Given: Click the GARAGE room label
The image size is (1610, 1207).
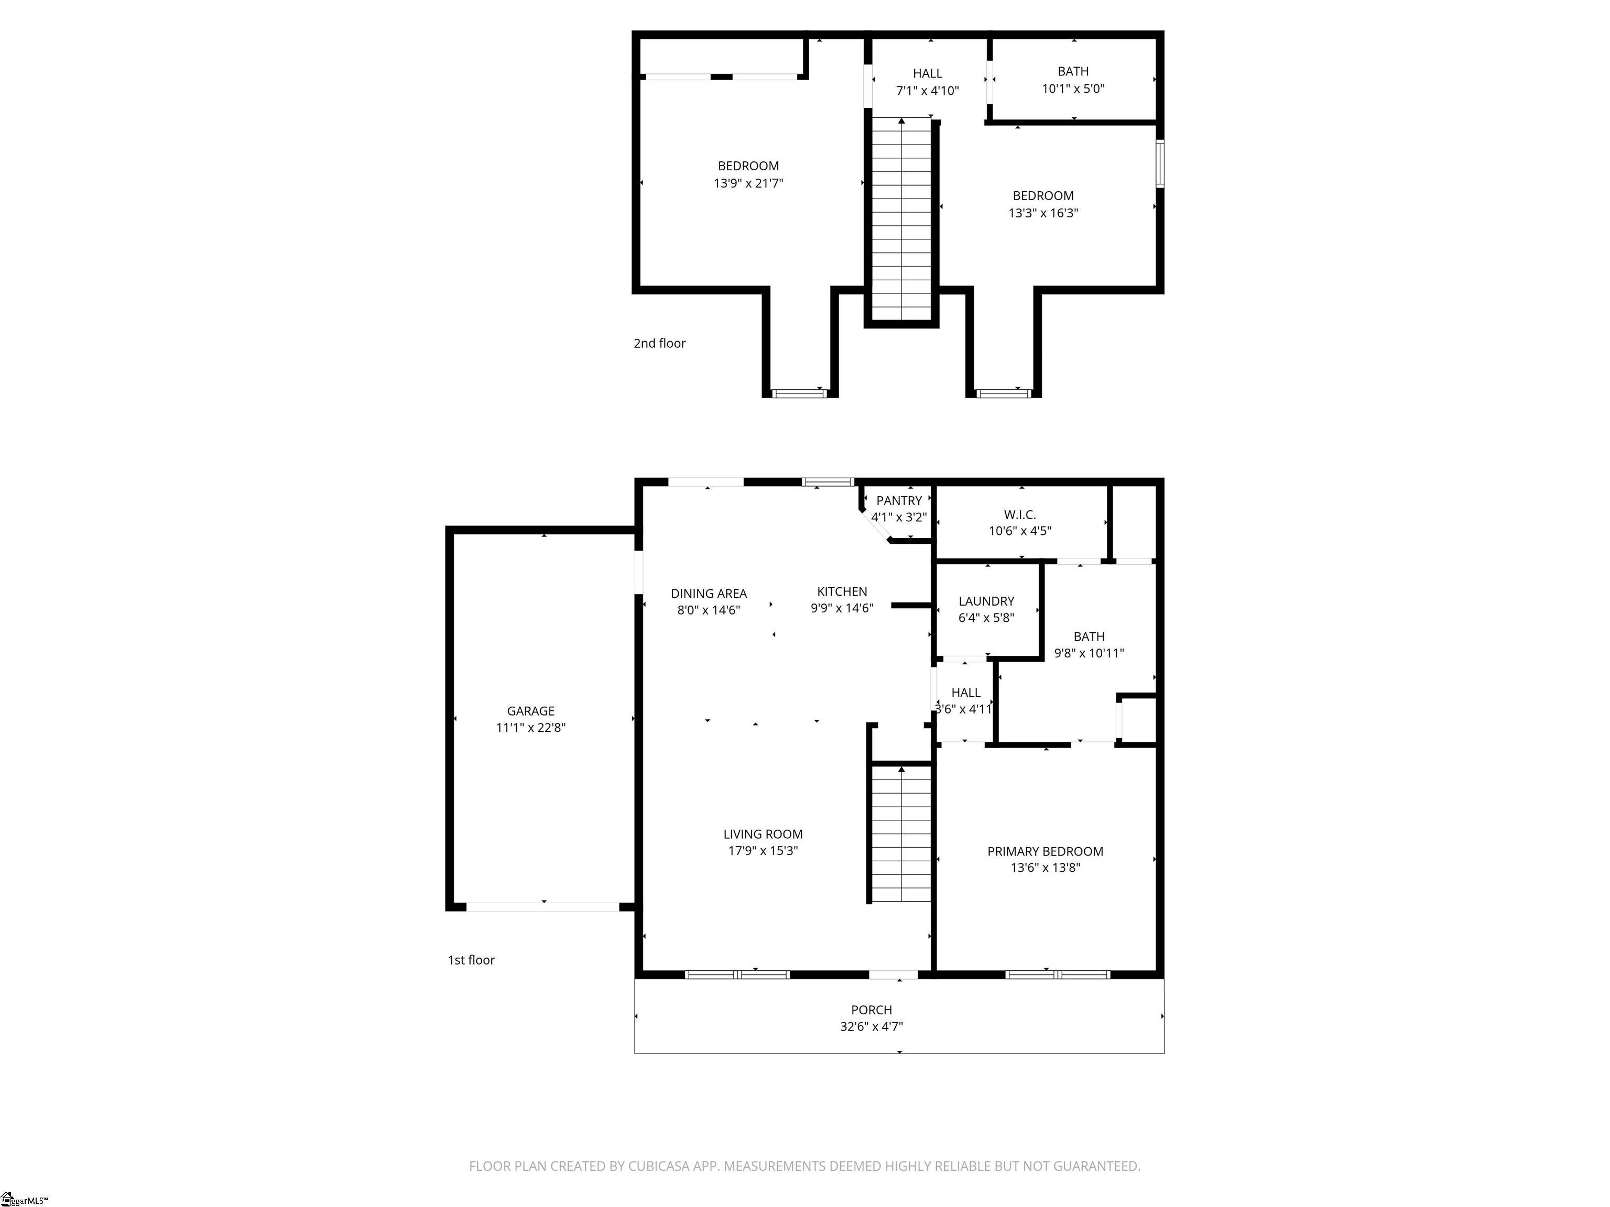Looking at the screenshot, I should pos(530,711).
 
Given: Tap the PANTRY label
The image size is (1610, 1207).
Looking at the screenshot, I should pos(899,500).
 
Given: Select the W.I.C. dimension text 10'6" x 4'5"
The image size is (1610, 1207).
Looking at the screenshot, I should pos(1020,531).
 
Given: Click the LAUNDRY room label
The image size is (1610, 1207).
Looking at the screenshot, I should pos(986,601).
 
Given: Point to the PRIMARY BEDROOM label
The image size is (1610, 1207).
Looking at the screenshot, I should pos(1045,851).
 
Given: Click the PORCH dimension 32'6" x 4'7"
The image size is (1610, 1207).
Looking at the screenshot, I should pos(871,1027).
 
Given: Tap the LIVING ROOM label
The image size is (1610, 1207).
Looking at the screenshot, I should pos(763,835).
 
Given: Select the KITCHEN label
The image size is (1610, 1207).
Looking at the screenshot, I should pos(842,591).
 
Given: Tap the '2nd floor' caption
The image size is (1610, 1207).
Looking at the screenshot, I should pos(659,344).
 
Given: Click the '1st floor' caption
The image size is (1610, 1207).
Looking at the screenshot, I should pos(471,960).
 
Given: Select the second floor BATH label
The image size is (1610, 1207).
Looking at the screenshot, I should pos(1073,71).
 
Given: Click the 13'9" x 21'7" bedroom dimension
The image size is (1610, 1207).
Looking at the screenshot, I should pos(748,183).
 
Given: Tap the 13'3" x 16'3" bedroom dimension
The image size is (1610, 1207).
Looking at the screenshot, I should pos(1043,213).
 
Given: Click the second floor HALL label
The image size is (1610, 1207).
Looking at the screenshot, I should pos(927,73).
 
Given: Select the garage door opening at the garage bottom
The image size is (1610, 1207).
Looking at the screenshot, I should pos(543,906).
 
